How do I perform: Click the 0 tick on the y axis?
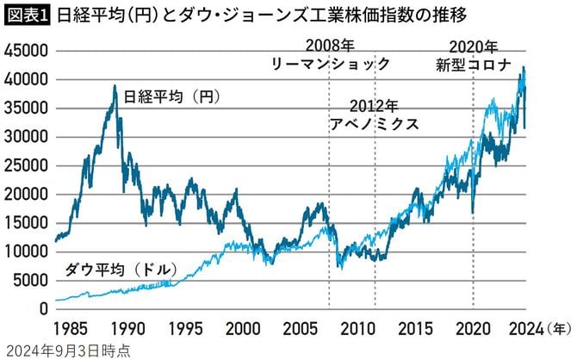point(40,308)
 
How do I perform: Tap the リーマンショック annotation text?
point(332,65)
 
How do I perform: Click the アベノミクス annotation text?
point(375,124)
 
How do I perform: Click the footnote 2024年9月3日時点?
point(67,350)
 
